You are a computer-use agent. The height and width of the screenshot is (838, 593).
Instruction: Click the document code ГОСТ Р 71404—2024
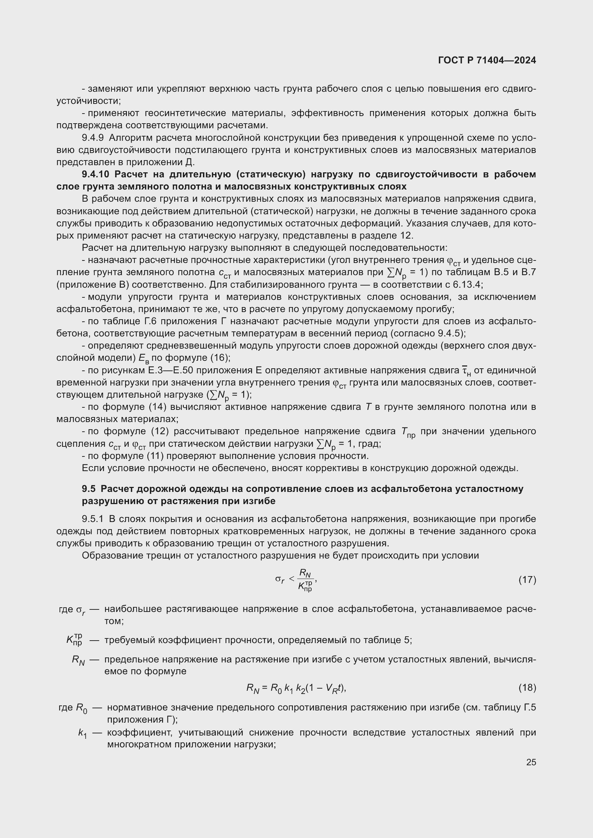(x=487, y=61)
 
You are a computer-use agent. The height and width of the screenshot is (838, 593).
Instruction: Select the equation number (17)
(x=527, y=580)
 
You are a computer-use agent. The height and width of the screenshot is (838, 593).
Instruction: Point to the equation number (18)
(x=527, y=688)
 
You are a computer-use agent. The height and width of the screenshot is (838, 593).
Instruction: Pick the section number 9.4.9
(x=93, y=138)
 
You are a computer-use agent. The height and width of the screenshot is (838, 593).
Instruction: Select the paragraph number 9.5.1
(x=93, y=519)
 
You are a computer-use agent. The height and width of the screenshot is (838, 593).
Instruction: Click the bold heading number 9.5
(x=88, y=489)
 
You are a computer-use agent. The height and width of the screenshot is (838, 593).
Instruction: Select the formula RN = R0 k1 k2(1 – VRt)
(x=296, y=688)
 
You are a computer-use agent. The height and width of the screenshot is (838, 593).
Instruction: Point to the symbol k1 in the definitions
(x=82, y=733)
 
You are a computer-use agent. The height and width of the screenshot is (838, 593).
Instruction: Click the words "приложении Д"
(x=160, y=162)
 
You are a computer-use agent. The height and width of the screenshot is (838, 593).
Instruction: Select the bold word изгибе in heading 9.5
(x=256, y=501)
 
